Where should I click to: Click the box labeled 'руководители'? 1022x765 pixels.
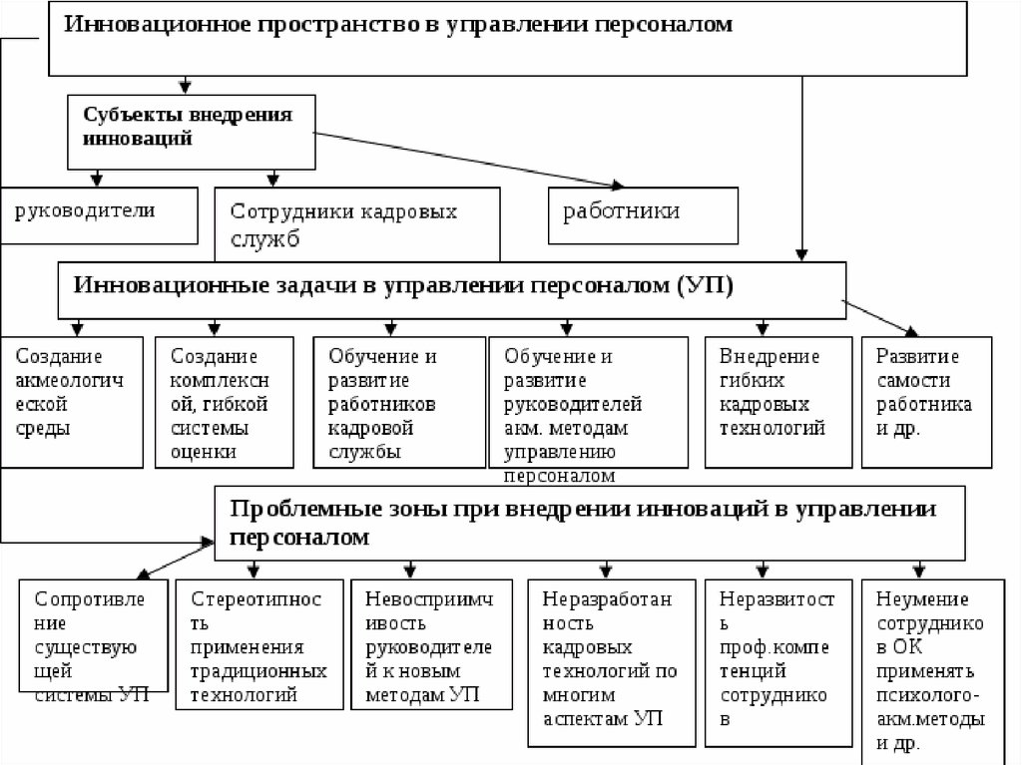coord(100,214)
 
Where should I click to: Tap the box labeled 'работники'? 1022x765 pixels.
coord(643,215)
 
